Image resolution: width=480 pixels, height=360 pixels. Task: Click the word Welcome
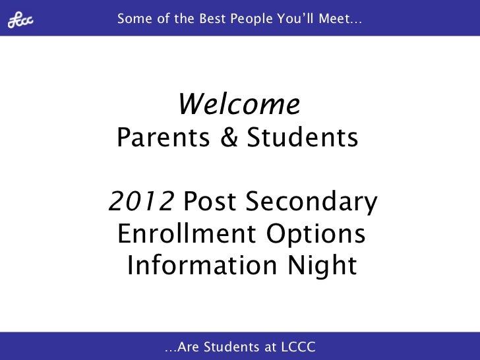pyautogui.click(x=239, y=104)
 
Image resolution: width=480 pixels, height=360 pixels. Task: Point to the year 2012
pyautogui.click(x=141, y=202)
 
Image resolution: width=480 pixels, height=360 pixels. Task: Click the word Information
pyautogui.click(x=197, y=266)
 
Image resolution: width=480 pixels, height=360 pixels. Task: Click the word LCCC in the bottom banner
pyautogui.click(x=299, y=345)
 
